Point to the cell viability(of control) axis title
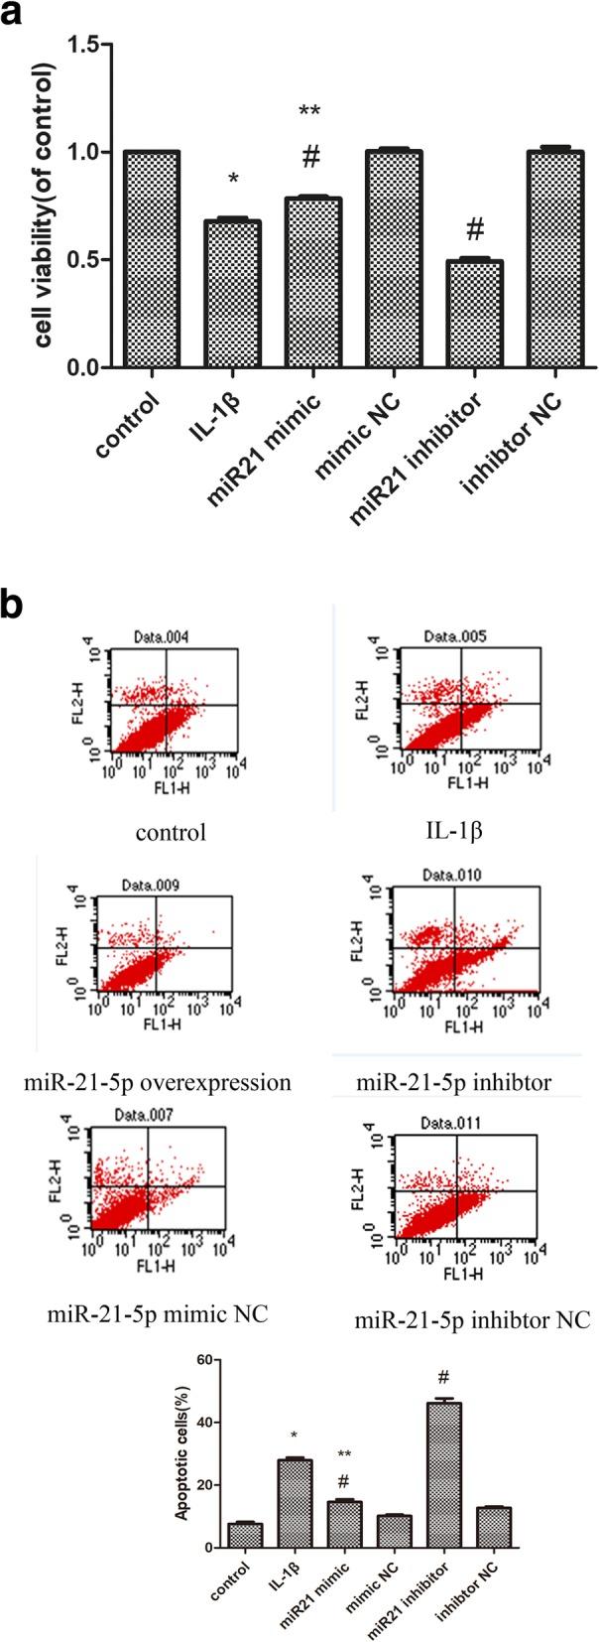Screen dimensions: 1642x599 [45, 206]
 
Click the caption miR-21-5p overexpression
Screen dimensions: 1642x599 [158, 1081]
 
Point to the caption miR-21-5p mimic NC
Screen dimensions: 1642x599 [159, 1315]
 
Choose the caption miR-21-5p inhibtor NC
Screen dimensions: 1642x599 [472, 1320]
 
